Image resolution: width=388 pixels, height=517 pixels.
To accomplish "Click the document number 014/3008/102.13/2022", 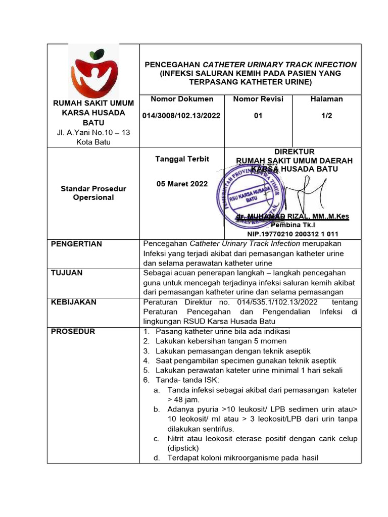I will tap(181, 116).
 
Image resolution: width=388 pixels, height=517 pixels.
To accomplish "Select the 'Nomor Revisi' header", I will tap(258, 99).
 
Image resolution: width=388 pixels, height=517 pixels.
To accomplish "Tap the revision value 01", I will tap(258, 116).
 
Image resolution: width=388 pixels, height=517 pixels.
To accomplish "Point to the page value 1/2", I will tap(326, 116).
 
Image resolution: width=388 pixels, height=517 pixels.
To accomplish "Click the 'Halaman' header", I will tap(326, 99).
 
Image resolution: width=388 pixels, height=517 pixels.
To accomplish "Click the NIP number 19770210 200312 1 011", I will tap(293, 234).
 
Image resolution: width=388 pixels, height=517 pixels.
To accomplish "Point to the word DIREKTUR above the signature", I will tap(294, 151).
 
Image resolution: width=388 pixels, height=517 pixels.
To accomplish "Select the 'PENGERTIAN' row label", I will tap(76, 244).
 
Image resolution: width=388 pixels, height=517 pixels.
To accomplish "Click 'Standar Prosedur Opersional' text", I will tap(93, 193).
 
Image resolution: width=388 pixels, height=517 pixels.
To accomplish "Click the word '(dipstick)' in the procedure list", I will tap(183, 448).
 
